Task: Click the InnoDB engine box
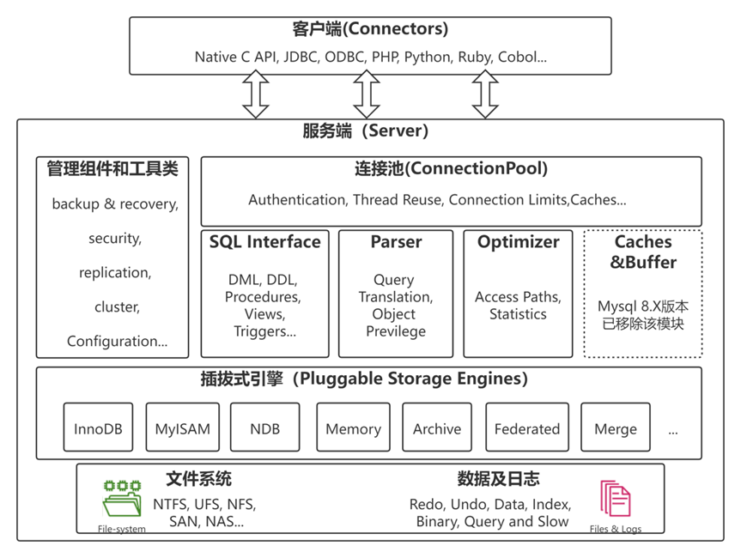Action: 98,428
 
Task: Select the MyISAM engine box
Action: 182,428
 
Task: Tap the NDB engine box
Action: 265,428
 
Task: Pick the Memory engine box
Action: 353,428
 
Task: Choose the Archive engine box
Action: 437,428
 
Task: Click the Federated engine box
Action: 526,428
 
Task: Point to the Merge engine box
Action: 615,428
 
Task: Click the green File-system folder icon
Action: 122,499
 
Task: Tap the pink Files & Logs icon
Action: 615,499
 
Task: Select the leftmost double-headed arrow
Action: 256,94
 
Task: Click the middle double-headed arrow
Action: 367,94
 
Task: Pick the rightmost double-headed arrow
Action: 485,94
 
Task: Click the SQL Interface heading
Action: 264,242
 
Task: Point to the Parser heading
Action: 396,242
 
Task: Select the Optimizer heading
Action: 518,242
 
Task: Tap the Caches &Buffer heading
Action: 643,252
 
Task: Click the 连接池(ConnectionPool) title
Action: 451,169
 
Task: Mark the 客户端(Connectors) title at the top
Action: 370,29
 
